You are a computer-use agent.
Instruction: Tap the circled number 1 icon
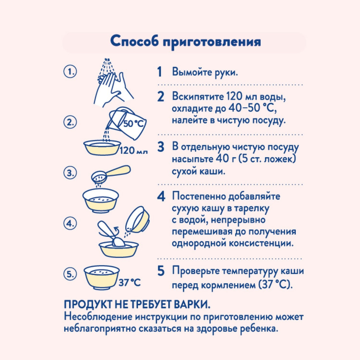tap(70, 72)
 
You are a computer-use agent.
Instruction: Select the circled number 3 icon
tap(70, 173)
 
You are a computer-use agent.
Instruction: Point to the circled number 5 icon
tap(70, 274)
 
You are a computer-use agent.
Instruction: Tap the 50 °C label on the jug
tap(134, 123)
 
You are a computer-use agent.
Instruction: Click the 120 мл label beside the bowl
tap(134, 150)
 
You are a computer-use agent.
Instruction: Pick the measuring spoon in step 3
tap(111, 174)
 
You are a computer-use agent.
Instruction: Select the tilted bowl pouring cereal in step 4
tap(137, 219)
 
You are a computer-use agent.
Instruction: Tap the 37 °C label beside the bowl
tap(130, 283)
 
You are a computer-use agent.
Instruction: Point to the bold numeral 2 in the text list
tap(161, 96)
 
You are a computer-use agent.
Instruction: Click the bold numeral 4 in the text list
tap(161, 197)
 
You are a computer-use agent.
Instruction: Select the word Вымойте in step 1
tap(192, 72)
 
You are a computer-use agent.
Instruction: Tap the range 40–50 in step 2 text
tap(244, 108)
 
